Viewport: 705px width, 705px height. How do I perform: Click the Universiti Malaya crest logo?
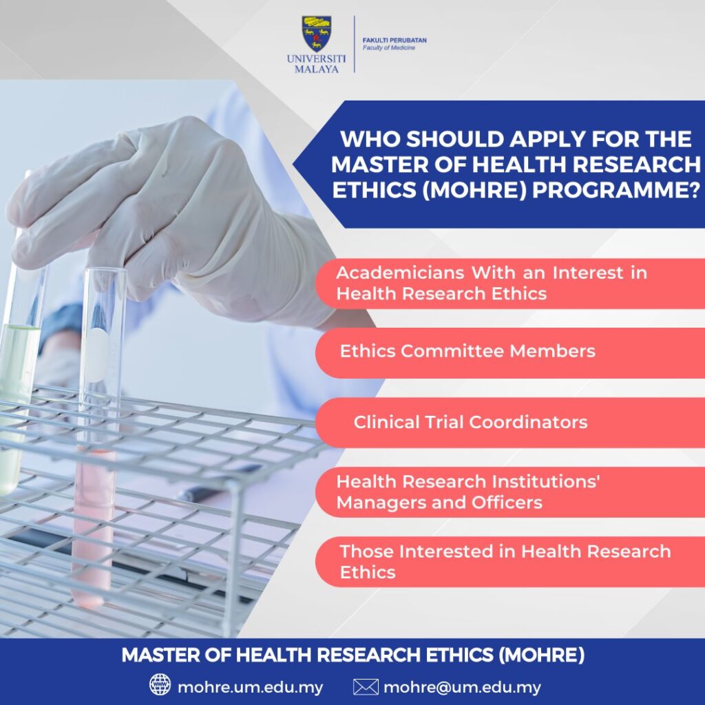pyautogui.click(x=317, y=34)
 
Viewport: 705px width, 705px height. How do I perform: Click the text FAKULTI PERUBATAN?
pyautogui.click(x=394, y=41)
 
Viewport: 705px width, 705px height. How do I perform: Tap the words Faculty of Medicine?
pyautogui.click(x=388, y=48)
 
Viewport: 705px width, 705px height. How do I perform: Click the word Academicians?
pyautogui.click(x=400, y=273)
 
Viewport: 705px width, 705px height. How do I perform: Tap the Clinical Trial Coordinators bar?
pyautogui.click(x=510, y=423)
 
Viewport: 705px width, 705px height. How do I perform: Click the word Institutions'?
pyautogui.click(x=545, y=481)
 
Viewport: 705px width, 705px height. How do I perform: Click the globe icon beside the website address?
pyautogui.click(x=160, y=685)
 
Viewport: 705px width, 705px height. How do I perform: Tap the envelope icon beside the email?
pyautogui.click(x=366, y=687)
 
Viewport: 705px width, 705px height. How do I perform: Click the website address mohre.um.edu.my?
pyautogui.click(x=251, y=688)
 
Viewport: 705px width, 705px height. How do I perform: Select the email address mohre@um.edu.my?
pyautogui.click(x=462, y=688)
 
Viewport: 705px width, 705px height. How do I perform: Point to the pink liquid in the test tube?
pyautogui.click(x=94, y=526)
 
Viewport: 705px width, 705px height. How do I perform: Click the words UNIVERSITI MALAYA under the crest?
pyautogui.click(x=317, y=64)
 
